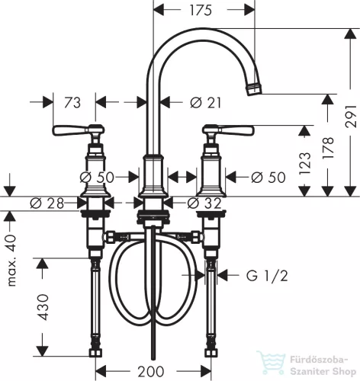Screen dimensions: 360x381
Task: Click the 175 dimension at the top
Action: point(201,11)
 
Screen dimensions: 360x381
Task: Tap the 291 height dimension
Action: point(351,117)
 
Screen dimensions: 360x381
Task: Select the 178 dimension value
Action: point(328,148)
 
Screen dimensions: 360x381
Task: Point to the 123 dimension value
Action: point(305,164)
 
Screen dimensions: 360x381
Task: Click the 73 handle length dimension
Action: point(72,103)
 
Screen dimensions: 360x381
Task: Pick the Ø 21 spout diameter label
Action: point(206,103)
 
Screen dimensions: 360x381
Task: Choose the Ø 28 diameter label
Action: point(47,203)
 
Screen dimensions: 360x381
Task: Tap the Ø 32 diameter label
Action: point(204,203)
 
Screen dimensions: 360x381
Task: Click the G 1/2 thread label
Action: point(267,276)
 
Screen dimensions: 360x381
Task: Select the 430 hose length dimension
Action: point(43,307)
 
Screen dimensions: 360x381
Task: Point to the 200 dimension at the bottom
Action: point(151,372)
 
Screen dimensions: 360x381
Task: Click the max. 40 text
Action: point(11,261)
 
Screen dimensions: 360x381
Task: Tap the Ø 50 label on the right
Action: point(268,178)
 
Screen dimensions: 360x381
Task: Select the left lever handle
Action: point(79,130)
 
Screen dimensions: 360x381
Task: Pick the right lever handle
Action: point(228,130)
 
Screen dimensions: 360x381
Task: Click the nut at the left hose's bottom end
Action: point(95,353)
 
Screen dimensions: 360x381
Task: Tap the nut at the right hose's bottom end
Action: point(211,353)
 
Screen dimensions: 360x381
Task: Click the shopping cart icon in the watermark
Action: point(272,363)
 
